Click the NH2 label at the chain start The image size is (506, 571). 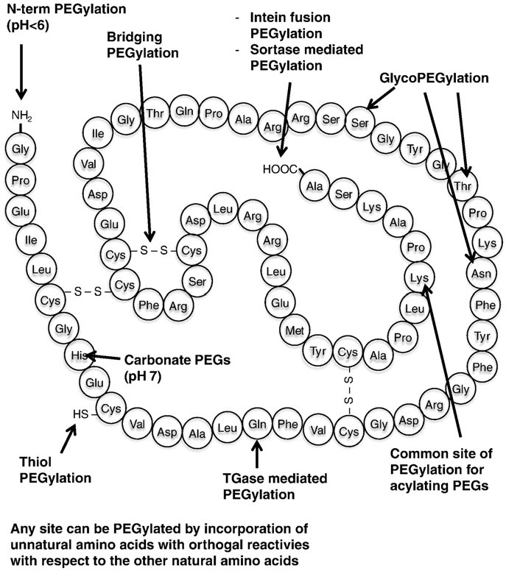click(x=21, y=116)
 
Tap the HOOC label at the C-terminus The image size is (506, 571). click(x=281, y=170)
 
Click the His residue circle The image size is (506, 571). click(x=79, y=355)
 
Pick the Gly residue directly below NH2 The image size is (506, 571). click(x=20, y=149)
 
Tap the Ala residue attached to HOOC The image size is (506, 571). click(x=315, y=184)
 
